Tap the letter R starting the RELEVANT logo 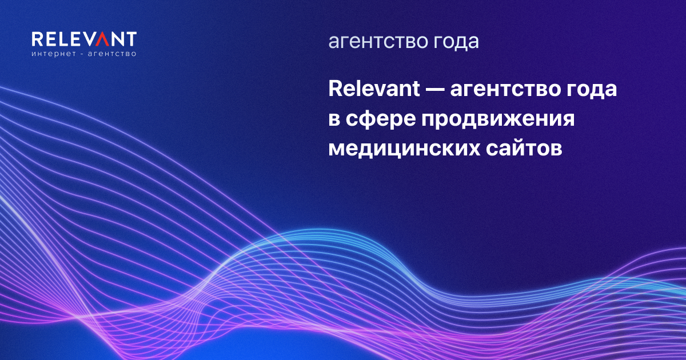pyautogui.click(x=37, y=39)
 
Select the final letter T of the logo pyautogui.click(x=131, y=39)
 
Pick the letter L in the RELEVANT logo pyautogui.click(x=63, y=39)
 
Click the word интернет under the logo pyautogui.click(x=54, y=54)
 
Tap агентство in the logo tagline pyautogui.click(x=112, y=54)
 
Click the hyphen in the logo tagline pyautogui.click(x=82, y=54)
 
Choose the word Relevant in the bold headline pyautogui.click(x=374, y=89)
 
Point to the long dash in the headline pyautogui.click(x=434, y=89)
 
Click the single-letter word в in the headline pyautogui.click(x=334, y=120)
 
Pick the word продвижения pyautogui.click(x=498, y=120)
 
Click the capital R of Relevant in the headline pyautogui.click(x=335, y=89)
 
